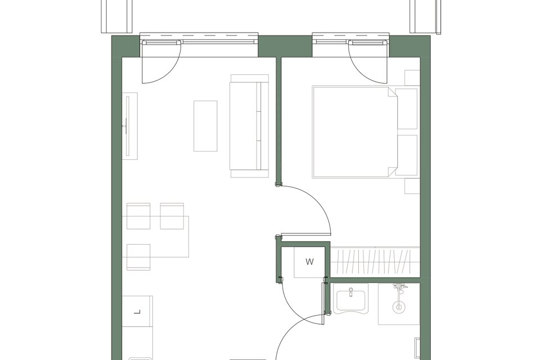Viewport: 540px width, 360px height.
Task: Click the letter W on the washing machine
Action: coord(309,262)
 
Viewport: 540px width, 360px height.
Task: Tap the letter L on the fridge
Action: coord(137,312)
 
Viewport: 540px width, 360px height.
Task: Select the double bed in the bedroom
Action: coord(365,132)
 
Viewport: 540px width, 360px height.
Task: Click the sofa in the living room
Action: coord(249,126)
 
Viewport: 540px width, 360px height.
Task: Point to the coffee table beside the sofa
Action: coord(205,126)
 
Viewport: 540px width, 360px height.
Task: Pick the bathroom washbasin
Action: coord(350,300)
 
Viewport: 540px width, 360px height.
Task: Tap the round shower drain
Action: coord(399,307)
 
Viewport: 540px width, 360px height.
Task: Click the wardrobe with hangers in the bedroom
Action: coord(375,262)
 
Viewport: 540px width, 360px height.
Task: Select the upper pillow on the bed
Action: coord(407,109)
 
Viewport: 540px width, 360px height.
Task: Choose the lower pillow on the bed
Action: coord(407,155)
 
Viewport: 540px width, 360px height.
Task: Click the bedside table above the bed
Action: coord(412,78)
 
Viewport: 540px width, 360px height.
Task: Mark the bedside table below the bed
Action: coord(412,186)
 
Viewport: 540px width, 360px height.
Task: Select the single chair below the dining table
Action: coord(138,257)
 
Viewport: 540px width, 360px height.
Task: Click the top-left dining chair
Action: coord(138,216)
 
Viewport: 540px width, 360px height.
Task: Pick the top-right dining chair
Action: coord(172,216)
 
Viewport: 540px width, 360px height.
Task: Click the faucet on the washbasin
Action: coord(351,292)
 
